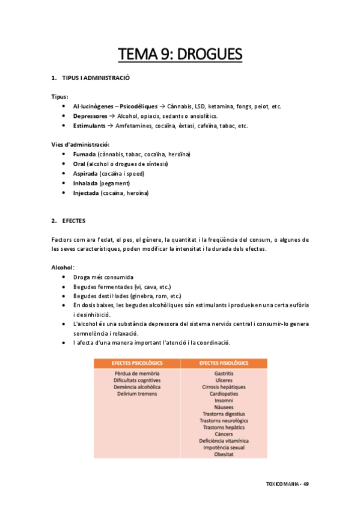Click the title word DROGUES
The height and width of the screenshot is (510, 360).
(210, 55)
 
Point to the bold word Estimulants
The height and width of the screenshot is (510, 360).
(90, 126)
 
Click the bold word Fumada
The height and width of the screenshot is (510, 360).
(84, 155)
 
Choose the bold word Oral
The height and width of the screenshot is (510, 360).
(79, 164)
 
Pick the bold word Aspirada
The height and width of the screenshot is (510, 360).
(86, 174)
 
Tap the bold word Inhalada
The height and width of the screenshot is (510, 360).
(86, 183)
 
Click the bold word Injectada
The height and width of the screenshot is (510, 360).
(87, 193)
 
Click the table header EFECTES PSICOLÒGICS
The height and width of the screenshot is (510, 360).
(137, 363)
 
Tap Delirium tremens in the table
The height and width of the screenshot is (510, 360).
(137, 394)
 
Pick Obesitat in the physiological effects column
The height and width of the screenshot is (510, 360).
(224, 454)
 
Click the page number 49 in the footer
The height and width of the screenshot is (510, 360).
(306, 484)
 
